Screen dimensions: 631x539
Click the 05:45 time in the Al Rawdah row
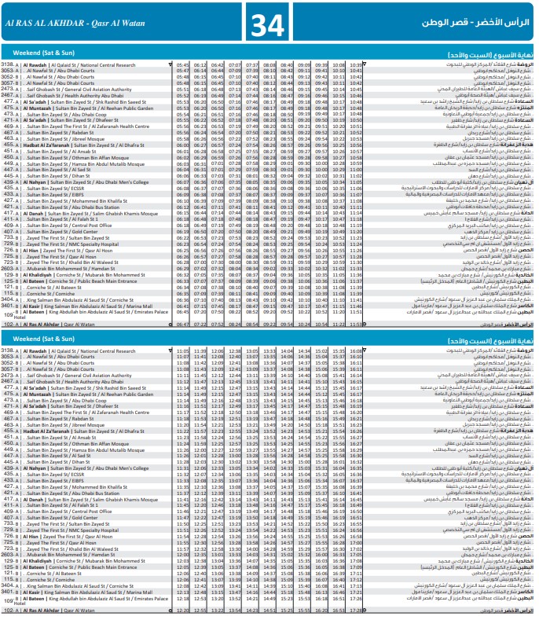[x=181, y=64]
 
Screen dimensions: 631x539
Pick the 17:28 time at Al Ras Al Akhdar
[x=356, y=609]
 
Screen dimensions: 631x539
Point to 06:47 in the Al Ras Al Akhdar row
[x=181, y=323]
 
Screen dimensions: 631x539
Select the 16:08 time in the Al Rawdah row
[x=356, y=350]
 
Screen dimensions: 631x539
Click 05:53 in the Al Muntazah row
[x=181, y=108]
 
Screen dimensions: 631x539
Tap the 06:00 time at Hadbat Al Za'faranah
[x=181, y=145]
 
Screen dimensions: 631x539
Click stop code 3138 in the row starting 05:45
[x=8, y=64]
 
